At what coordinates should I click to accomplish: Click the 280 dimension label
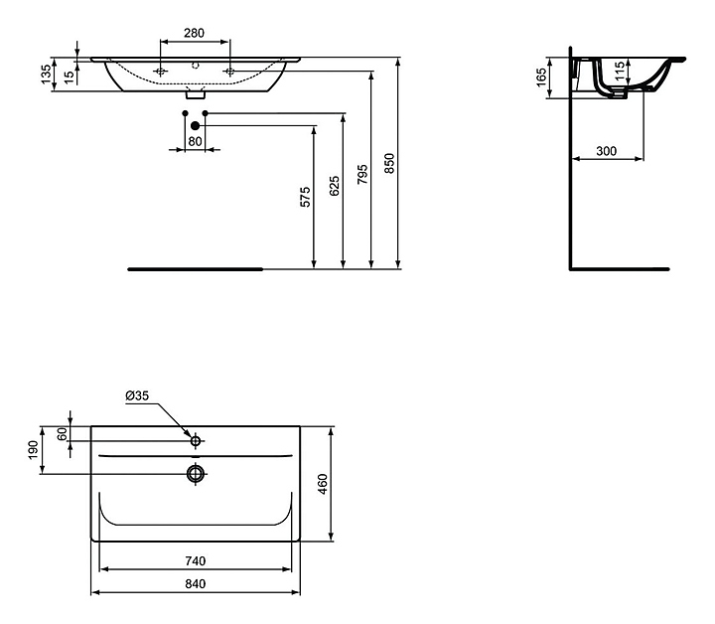click(195, 33)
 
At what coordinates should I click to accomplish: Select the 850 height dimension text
click(389, 163)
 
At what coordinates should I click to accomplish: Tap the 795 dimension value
click(362, 174)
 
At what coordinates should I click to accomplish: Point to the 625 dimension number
click(335, 186)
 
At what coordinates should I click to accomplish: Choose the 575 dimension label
click(306, 197)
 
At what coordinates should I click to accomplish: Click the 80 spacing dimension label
click(195, 141)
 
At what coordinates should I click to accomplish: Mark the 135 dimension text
click(47, 75)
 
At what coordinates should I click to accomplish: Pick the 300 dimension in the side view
click(607, 151)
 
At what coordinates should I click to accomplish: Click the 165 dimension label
click(541, 78)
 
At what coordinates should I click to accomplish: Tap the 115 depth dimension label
click(620, 72)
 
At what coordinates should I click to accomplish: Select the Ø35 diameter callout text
click(137, 395)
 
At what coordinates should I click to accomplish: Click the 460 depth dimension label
click(323, 484)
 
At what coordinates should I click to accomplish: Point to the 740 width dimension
click(196, 560)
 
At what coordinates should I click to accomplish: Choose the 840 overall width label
click(196, 583)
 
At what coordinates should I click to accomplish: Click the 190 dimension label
click(33, 450)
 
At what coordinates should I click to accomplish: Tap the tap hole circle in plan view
click(196, 441)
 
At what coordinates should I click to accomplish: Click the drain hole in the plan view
click(196, 474)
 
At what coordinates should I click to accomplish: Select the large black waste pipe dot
click(196, 125)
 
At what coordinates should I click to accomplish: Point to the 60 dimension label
click(63, 434)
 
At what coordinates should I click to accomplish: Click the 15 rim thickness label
click(69, 78)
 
